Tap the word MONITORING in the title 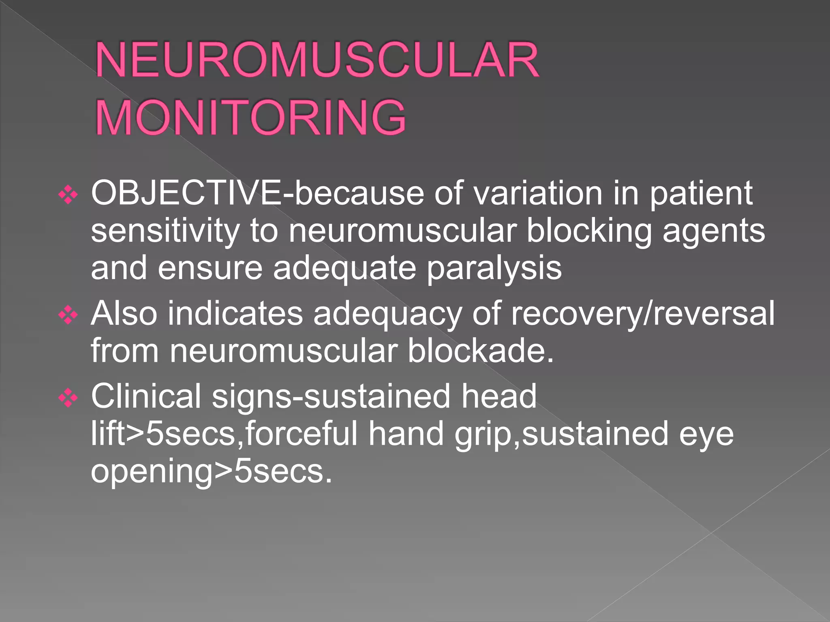coord(250,118)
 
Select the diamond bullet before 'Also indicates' coord(68,315)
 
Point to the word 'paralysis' coord(494,269)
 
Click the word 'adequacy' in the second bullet coord(387,314)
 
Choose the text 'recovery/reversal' coord(643,313)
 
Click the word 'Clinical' coord(146,396)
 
